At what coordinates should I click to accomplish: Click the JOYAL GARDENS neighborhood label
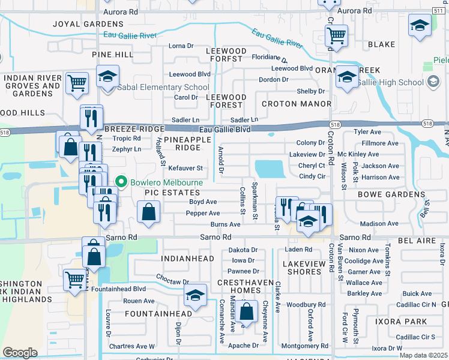pos(88,24)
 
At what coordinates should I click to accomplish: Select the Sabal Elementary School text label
pos(163,87)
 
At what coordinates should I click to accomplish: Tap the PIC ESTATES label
pos(172,192)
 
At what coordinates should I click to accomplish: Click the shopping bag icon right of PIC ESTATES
pos(148,211)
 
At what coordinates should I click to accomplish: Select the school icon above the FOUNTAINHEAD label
pos(195,295)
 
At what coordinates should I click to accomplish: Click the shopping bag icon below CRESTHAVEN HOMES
pos(246,311)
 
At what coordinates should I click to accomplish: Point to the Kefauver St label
pos(186,169)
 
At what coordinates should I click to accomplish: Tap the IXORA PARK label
pos(403,322)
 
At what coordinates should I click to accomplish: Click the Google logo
pos(20,352)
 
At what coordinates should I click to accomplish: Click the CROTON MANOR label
pos(296,104)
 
